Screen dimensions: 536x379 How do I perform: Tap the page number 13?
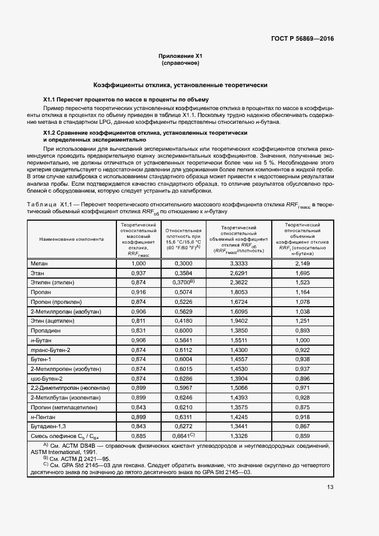(330, 488)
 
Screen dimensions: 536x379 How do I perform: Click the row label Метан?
(40, 263)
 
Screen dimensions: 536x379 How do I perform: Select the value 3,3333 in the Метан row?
(238, 263)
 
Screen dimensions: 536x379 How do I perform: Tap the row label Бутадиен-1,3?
(49, 427)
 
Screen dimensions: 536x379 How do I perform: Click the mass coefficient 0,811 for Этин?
(139, 321)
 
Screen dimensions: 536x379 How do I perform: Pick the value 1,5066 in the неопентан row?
(238, 389)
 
